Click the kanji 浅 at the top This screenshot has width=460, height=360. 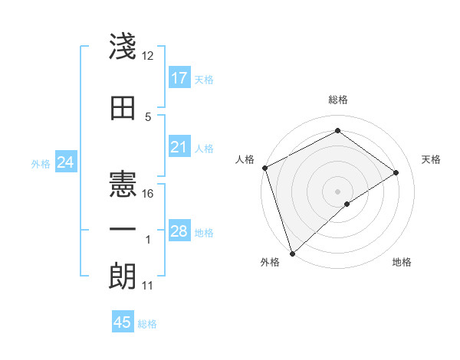click(x=123, y=47)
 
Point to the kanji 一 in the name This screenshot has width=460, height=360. click(x=123, y=230)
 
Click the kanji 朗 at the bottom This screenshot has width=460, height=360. click(x=123, y=275)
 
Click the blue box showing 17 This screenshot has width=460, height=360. click(x=179, y=78)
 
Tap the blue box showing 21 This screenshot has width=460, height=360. click(x=179, y=147)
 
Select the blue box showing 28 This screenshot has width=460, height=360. click(x=179, y=231)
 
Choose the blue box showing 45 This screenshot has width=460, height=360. click(x=123, y=322)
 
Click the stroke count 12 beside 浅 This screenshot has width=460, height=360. click(x=148, y=57)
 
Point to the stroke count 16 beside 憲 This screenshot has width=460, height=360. click(x=148, y=194)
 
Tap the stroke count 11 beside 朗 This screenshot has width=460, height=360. click(x=148, y=286)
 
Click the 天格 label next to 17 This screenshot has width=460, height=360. click(x=204, y=79)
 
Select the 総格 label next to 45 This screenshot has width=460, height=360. click(x=147, y=324)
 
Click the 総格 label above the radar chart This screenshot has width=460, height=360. click(x=337, y=100)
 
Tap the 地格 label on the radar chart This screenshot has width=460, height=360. click(x=402, y=263)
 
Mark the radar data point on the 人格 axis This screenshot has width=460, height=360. click(x=264, y=168)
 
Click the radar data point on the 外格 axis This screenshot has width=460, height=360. click(x=292, y=253)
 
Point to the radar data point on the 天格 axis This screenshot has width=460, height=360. click(x=396, y=172)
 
